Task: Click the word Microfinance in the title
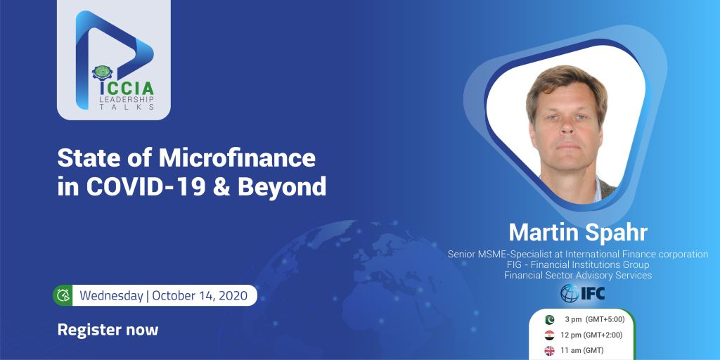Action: [237, 159]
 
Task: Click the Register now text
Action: [108, 330]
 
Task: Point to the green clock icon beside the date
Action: [63, 295]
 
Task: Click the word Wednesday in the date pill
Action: [111, 296]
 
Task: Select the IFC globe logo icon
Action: [570, 293]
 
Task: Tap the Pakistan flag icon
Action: [549, 320]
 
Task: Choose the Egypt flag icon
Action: [549, 335]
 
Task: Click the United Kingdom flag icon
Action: [549, 351]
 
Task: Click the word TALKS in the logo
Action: [127, 107]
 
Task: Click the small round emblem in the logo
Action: [102, 73]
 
